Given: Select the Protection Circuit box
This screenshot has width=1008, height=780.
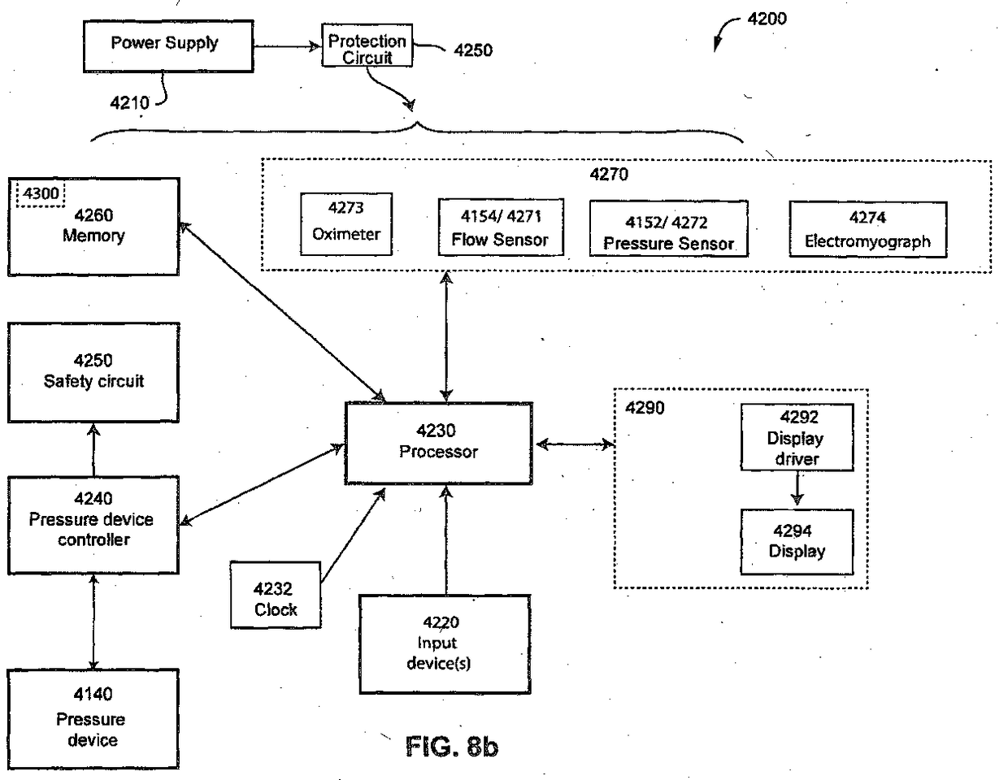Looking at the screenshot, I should click(x=367, y=48).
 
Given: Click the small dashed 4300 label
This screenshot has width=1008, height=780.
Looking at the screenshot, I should click(x=41, y=194).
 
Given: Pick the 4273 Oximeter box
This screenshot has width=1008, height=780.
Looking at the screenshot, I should click(x=346, y=223).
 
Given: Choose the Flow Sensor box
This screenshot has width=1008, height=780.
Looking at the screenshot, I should click(x=500, y=228).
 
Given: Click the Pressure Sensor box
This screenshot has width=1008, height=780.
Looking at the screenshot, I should click(x=667, y=232).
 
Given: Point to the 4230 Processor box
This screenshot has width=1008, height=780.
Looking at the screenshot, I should click(x=439, y=443).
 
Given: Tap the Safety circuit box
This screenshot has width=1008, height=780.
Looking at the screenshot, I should click(x=93, y=372).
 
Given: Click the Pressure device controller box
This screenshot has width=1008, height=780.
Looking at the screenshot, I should click(x=93, y=525).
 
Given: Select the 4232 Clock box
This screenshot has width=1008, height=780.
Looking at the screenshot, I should click(x=275, y=594).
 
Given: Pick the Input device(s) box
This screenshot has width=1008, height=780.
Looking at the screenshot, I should click(x=445, y=643).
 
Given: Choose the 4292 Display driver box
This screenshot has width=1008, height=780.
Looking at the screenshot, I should click(x=797, y=438).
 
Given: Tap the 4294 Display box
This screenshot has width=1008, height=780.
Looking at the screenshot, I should click(x=797, y=542).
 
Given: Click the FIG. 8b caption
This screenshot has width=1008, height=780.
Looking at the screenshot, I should click(x=451, y=745).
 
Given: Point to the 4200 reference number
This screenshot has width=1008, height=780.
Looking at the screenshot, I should click(x=767, y=19).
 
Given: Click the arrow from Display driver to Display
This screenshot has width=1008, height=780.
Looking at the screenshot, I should click(x=797, y=489).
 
